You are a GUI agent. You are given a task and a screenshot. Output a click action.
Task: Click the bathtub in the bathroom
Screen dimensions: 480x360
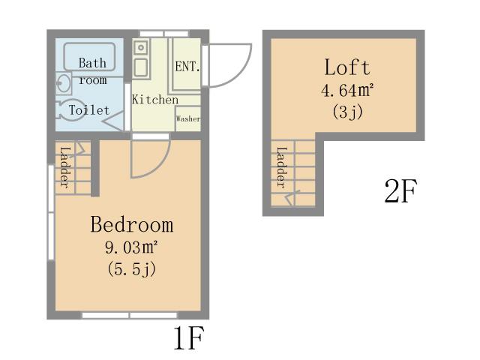pos(89,57)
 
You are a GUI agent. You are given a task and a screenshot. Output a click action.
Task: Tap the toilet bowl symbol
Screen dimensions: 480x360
pos(71,110)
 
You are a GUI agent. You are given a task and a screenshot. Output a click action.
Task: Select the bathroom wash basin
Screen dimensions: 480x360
pos(64,83)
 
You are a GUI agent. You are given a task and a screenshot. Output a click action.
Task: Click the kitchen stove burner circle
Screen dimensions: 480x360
pos(141,47)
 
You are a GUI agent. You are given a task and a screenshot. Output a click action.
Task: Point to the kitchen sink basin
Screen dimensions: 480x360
pos(141,68)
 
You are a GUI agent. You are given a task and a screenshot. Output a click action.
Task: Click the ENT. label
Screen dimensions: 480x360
pos(187,67)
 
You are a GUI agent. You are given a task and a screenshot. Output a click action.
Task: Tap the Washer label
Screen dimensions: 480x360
pos(188,118)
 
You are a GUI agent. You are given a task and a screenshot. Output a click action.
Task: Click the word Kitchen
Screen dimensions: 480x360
pos(155,100)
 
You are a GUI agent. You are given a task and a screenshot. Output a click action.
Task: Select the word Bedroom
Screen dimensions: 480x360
pos(132,224)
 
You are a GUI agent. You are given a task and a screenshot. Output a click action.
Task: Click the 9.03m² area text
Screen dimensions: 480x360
pos(132,247)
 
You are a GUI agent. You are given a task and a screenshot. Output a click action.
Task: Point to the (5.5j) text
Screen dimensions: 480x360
pos(132,269)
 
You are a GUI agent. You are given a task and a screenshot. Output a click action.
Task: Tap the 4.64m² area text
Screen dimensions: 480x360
pos(347,90)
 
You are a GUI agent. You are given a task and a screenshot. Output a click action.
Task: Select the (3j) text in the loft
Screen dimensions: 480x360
pos(347,112)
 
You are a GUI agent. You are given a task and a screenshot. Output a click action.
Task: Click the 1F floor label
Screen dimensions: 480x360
pos(188,338)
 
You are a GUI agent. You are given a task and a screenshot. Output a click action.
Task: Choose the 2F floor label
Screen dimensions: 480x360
pos(400,191)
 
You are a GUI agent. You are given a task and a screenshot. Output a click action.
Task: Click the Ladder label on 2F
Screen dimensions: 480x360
pos(282,167)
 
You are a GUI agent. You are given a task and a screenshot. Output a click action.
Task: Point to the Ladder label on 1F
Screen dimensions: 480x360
pos(65,167)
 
